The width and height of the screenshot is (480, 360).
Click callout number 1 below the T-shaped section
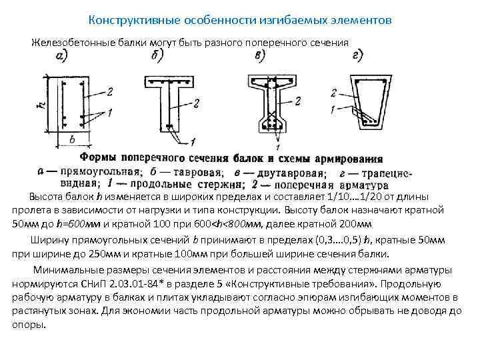(193, 141)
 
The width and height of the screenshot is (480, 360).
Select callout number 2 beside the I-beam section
(298, 100)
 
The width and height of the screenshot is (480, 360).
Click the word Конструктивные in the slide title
(127, 21)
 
